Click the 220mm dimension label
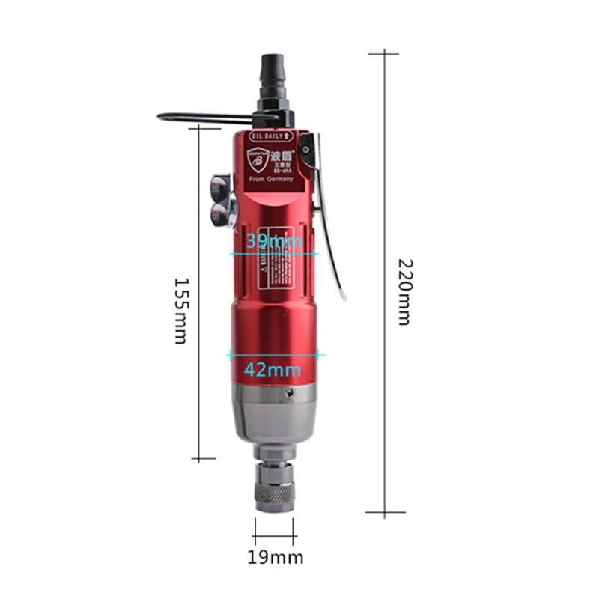click(x=404, y=292)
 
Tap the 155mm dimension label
click(x=180, y=311)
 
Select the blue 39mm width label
click(x=274, y=240)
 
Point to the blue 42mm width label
click(x=274, y=369)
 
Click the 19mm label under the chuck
click(x=276, y=557)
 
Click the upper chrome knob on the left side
click(x=222, y=183)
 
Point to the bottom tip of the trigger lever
click(x=344, y=297)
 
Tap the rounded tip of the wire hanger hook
click(x=160, y=116)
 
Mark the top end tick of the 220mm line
click(x=384, y=53)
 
